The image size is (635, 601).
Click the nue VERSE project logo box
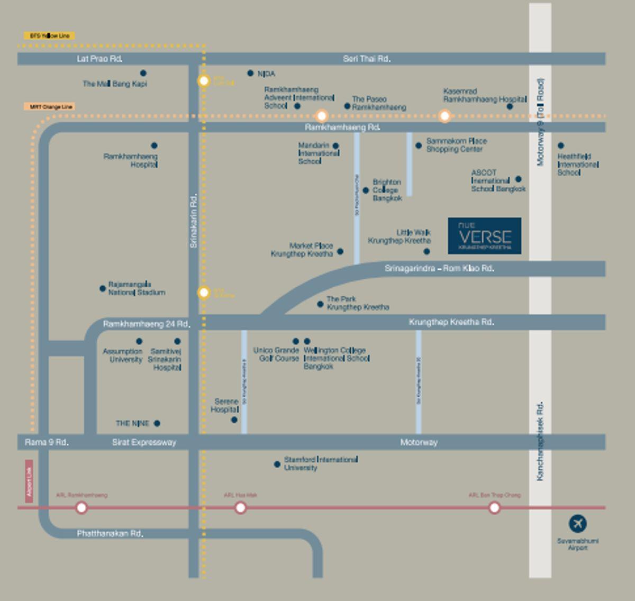coord(484,235)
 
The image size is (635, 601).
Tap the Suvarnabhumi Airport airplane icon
coord(577,524)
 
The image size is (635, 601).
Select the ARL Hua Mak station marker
coord(240,508)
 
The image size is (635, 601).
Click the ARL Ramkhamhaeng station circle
coord(81,508)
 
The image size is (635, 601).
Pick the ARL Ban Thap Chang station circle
coord(494,508)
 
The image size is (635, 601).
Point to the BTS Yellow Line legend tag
coord(49,36)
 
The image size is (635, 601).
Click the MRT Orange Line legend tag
coord(50,107)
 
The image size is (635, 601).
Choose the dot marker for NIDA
coord(250,73)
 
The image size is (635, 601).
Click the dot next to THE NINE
coord(157,423)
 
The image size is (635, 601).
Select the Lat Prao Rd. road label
coord(99,59)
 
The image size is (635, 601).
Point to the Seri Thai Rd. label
coord(367,59)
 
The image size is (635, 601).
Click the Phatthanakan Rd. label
coord(110,533)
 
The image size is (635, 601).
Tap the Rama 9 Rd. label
coord(47,442)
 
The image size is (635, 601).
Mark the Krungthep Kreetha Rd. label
coord(451,322)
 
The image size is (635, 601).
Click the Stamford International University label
coord(320,463)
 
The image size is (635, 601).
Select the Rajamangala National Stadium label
coord(137,288)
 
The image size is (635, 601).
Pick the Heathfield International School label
coord(577,165)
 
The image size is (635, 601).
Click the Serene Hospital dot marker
coord(234,420)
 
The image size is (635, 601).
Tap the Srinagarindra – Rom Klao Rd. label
coord(439,269)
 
